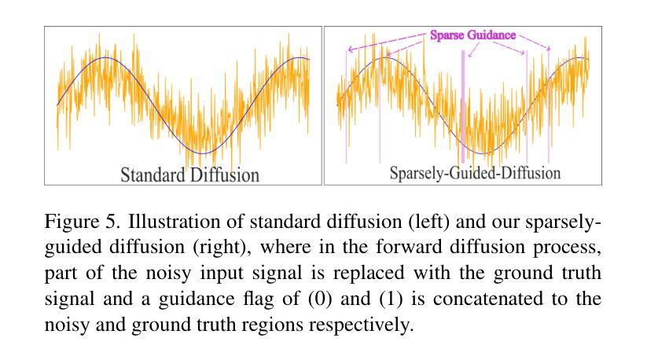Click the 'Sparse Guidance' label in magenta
pos(472,35)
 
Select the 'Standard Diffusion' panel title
pos(189,174)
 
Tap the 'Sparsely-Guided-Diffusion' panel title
pos(475,173)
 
